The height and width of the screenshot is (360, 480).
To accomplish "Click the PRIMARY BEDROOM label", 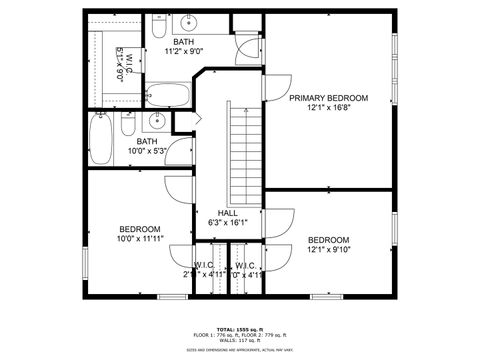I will click(328, 98).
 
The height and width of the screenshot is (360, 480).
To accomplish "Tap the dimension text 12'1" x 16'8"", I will click(328, 108).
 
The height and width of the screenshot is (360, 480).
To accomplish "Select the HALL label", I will click(227, 213).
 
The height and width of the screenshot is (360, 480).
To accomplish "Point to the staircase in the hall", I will click(240, 150).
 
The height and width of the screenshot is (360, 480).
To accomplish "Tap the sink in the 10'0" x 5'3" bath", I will click(157, 121).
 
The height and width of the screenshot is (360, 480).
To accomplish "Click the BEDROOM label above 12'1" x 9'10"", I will click(328, 240).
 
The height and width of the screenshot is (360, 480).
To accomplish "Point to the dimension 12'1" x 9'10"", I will click(328, 250).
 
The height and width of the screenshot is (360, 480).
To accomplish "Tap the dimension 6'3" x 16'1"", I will click(227, 223).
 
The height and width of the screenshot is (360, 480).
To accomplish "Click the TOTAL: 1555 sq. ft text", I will click(239, 327).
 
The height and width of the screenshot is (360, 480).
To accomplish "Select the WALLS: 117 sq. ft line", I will click(239, 341).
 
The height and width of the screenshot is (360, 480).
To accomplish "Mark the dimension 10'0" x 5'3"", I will click(147, 151).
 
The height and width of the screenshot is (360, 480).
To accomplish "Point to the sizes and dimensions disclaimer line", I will click(239, 351).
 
